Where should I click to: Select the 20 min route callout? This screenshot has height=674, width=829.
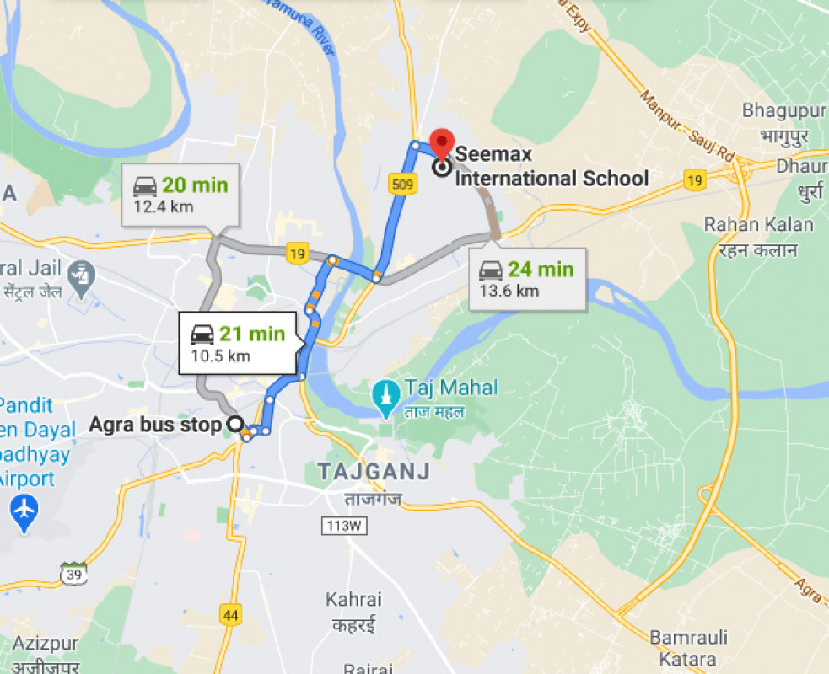coord(180,195)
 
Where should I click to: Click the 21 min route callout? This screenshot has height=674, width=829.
coord(237,341)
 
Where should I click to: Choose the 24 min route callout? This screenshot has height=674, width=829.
coord(527,279)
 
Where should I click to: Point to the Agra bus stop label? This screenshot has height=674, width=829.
coord(155,425)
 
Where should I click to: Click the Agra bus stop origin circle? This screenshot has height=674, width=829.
coord(235,425)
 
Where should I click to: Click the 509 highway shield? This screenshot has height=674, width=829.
coord(403,185)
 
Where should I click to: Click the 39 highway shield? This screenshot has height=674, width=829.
coord(73,573)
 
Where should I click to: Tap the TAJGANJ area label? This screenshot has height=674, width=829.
coord(374,472)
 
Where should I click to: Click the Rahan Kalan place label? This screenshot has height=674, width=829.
coord(759,225)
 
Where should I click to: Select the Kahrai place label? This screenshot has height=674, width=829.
coord(354,600)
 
